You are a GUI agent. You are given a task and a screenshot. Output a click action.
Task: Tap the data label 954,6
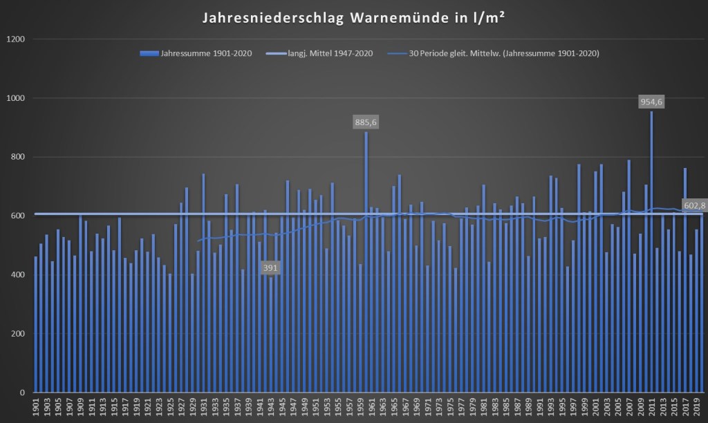651,102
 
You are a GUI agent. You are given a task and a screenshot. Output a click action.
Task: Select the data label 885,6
366,122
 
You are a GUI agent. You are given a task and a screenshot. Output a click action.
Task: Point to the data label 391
271,267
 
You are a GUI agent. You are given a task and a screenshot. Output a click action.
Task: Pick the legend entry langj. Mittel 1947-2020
330,53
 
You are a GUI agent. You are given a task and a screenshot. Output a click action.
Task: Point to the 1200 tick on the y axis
16,39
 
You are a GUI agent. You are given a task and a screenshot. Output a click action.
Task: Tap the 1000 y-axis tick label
16,98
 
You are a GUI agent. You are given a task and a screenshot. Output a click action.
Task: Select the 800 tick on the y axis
18,157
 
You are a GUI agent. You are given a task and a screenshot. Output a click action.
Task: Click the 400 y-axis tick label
18,275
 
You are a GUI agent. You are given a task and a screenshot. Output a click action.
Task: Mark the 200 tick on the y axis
18,334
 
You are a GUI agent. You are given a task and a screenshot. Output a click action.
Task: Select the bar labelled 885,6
366,263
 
